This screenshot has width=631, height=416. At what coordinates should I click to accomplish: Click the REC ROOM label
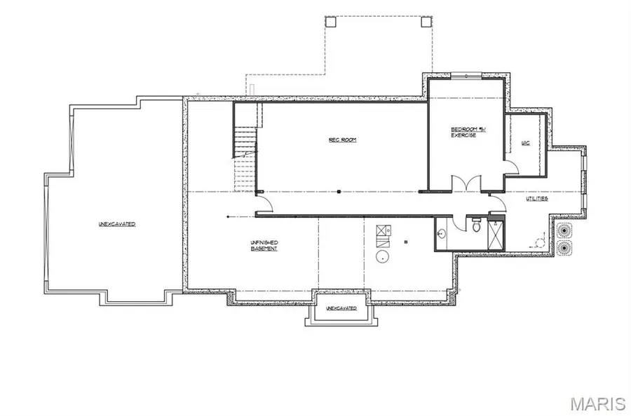(343, 140)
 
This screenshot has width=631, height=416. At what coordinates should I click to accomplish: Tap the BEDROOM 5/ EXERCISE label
(463, 132)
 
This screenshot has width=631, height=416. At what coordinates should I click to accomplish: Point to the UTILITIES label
(537, 199)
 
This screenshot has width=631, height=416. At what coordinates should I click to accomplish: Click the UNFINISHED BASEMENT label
(264, 246)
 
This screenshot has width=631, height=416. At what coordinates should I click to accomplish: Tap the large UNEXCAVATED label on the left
(116, 224)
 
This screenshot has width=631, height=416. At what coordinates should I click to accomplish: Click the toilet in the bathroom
(476, 226)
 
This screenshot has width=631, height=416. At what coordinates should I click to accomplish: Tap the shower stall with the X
(495, 233)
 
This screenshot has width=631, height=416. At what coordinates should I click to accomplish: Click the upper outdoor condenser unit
(564, 230)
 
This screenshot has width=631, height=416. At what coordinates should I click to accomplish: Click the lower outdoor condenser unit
(564, 247)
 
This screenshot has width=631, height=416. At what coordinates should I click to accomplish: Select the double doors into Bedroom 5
(466, 183)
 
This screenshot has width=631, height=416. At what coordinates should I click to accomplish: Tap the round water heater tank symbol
(383, 256)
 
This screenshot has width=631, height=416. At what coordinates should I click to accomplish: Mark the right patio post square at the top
(426, 21)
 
